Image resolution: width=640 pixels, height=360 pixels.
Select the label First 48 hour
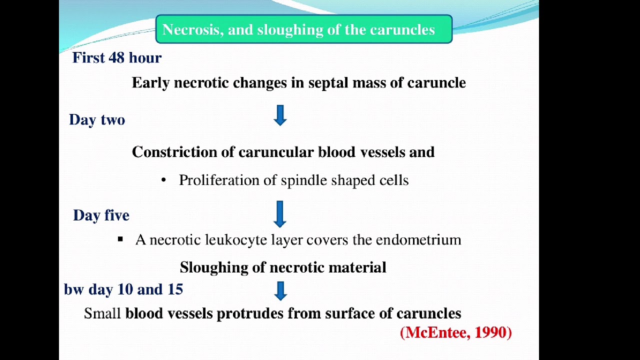[117, 58]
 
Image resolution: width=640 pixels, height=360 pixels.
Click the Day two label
[97, 120]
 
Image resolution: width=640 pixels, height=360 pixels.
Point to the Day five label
[101, 215]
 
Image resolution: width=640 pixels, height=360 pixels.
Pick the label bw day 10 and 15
[123, 289]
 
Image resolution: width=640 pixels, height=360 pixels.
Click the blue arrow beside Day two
[280, 115]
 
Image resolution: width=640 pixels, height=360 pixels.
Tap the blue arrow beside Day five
[279, 213]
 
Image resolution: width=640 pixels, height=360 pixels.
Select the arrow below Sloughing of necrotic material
[280, 290]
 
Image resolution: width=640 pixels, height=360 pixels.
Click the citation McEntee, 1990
[456, 332]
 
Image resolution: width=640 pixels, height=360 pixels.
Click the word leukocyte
[236, 240]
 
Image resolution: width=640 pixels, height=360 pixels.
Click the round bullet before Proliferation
[163, 180]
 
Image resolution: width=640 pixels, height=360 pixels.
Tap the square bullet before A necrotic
[120, 239]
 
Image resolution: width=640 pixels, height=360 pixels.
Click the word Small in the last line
[102, 314]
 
